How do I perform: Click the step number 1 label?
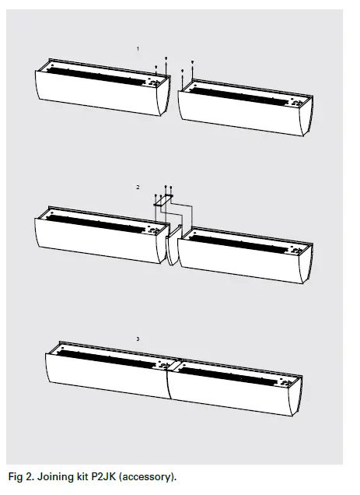[138, 49]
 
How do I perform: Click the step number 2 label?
[138, 188]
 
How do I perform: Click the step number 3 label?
[138, 339]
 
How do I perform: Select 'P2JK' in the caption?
[115, 475]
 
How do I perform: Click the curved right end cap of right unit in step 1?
[307, 117]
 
